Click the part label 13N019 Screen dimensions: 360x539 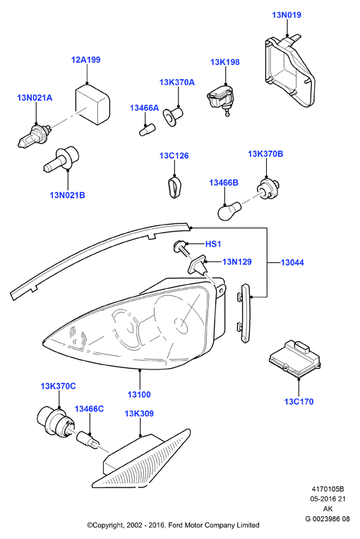[x=287, y=15]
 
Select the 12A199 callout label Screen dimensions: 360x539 [x=86, y=60]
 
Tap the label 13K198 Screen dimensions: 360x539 [x=225, y=62]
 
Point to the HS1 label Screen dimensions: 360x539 [x=213, y=244]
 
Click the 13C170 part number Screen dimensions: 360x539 [x=299, y=401]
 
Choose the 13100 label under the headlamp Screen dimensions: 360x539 [x=139, y=395]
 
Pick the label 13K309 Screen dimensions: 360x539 [x=139, y=413]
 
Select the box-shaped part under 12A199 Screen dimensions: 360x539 [x=92, y=104]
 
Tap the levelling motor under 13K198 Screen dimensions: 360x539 [x=220, y=100]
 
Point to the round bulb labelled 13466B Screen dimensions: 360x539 [x=229, y=210]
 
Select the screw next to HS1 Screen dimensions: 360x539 [x=182, y=248]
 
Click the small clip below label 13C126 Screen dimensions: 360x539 [x=174, y=186]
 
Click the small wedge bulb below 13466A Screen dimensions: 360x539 [x=147, y=130]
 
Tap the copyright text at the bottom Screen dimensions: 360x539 [x=173, y=525]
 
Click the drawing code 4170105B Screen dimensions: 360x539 [x=328, y=489]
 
